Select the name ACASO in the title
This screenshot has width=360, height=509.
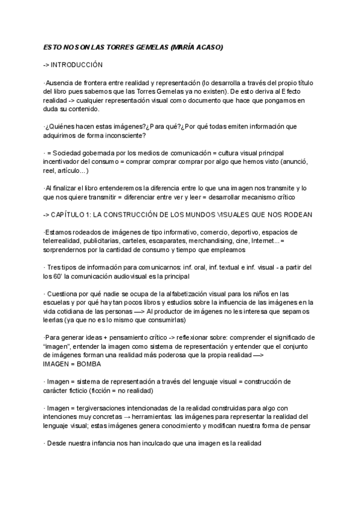click(x=211, y=46)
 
